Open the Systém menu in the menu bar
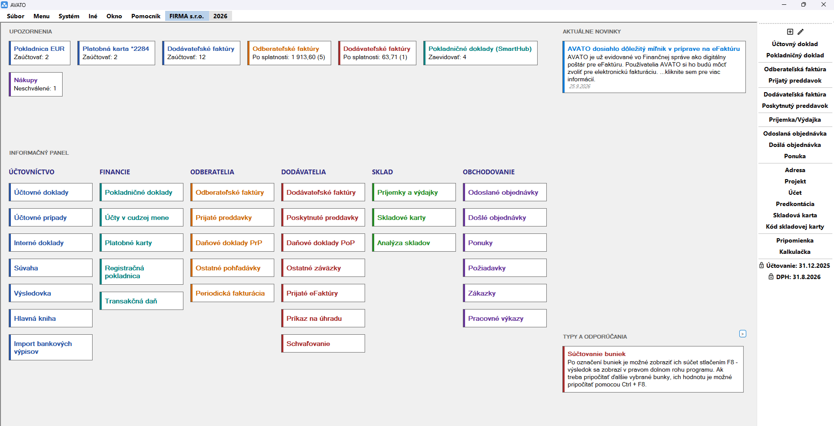[x=69, y=16]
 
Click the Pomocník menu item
[x=146, y=16]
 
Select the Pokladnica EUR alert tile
[x=40, y=53]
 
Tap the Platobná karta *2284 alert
[x=116, y=53]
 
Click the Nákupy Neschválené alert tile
[x=36, y=84]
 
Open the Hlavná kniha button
[x=51, y=318]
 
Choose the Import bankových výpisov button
[x=51, y=347]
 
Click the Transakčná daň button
[x=142, y=301]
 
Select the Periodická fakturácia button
[x=233, y=293]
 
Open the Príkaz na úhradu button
[x=323, y=318]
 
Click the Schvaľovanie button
[x=323, y=343]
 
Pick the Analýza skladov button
[x=414, y=243]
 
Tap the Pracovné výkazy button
[x=505, y=318]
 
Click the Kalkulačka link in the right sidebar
[x=795, y=252]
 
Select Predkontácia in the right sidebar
[x=795, y=204]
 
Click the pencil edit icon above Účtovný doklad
[x=801, y=32]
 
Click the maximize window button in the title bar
[x=804, y=4]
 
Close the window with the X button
[x=824, y=4]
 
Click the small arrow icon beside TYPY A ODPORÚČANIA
[x=743, y=334]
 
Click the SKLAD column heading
[x=382, y=172]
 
